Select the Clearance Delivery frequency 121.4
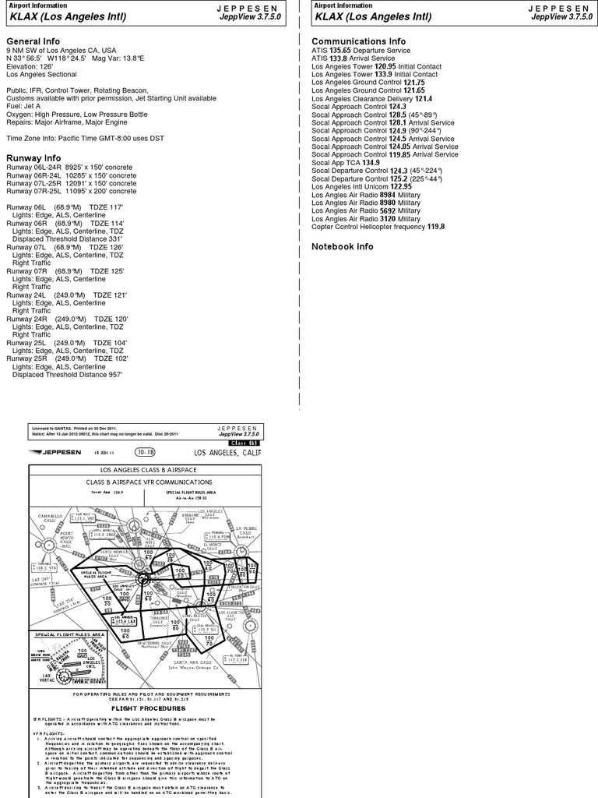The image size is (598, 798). tap(424, 99)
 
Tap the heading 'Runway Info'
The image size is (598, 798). tap(34, 156)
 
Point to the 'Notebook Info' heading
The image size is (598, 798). tap(343, 246)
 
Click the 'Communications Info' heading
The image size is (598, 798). tap(358, 41)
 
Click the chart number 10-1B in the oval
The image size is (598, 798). tap(145, 452)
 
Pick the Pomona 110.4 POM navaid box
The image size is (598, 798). tap(218, 536)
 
